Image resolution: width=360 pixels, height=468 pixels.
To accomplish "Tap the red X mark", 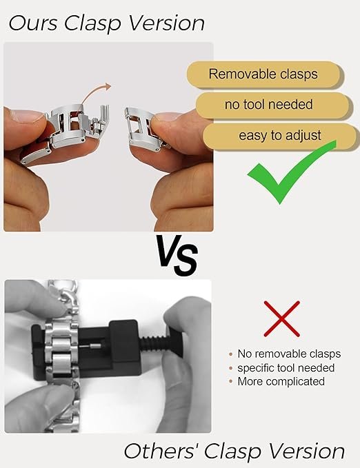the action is point(282,318).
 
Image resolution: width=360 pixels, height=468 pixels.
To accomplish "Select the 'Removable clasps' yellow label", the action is point(263,74).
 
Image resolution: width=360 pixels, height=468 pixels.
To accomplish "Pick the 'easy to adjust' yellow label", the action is point(279,136).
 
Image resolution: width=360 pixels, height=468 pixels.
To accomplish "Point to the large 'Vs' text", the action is point(177,256).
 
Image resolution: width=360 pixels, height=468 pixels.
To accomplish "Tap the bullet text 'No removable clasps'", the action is point(289,354).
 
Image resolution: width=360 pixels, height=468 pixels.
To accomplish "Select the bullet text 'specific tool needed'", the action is point(286,368).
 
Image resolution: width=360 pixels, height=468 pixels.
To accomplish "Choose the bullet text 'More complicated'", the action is point(281,381).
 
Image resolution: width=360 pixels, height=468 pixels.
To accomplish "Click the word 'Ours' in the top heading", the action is point(32,23).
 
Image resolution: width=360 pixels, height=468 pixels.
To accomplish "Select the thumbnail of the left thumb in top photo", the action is point(27,116).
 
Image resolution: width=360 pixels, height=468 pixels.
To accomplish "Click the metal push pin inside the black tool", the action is point(92,346).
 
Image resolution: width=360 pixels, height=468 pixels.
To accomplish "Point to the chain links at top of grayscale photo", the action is point(63,298).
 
